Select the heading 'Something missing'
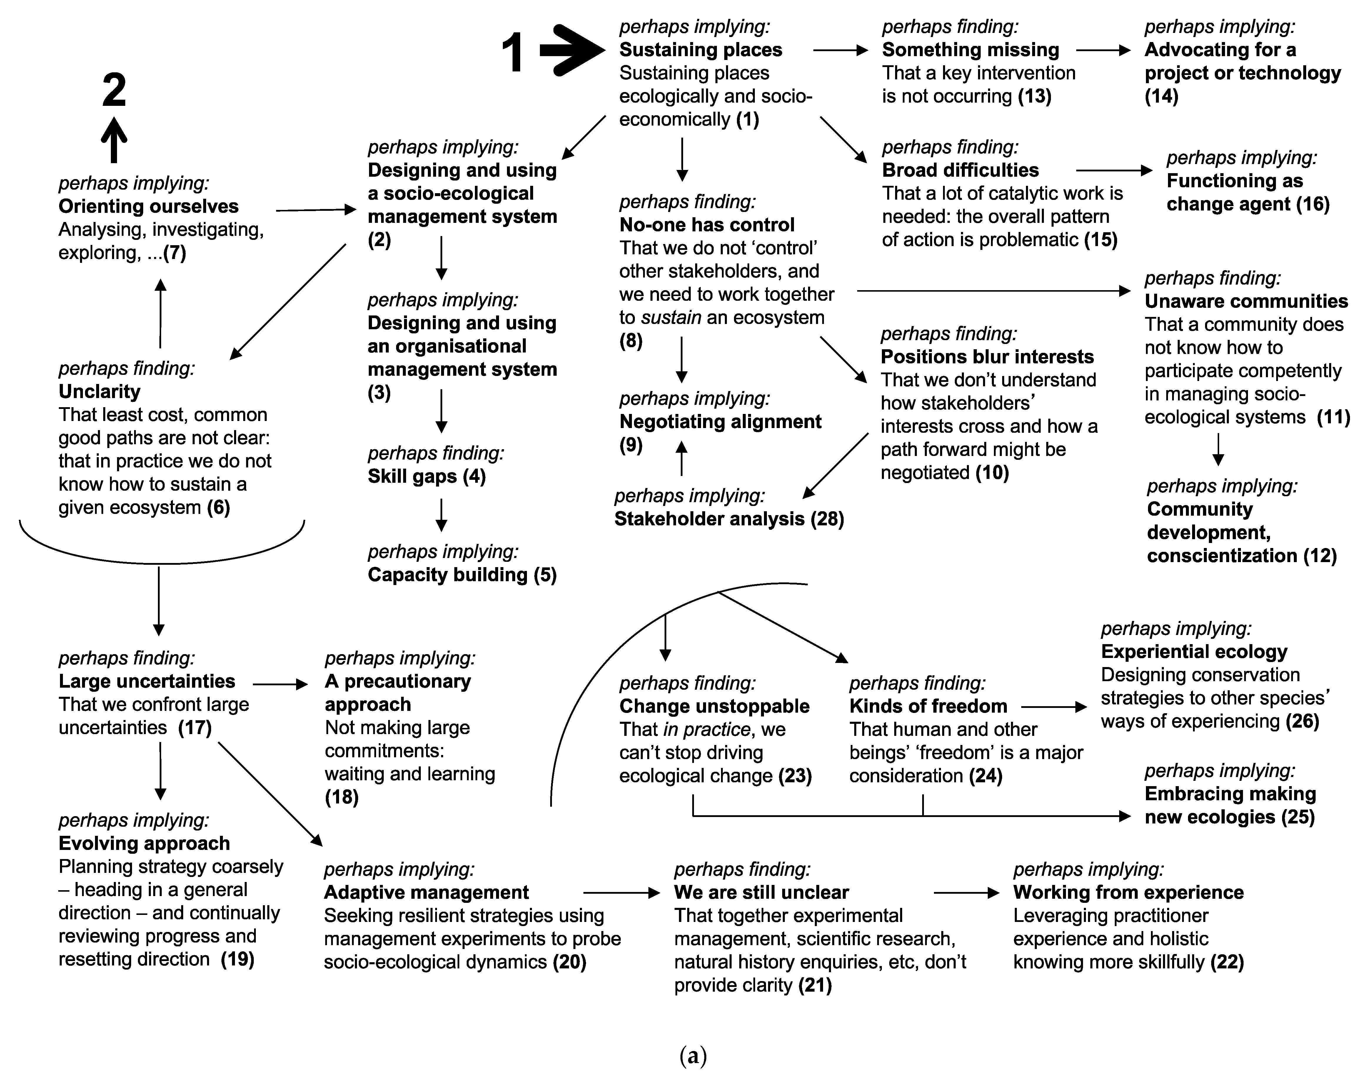pyautogui.click(x=970, y=50)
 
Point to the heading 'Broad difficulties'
pyautogui.click(x=960, y=170)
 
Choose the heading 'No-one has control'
pyautogui.click(x=707, y=225)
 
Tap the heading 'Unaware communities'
pyautogui.click(x=1246, y=301)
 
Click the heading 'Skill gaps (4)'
pyautogui.click(x=426, y=477)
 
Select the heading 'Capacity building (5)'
pyautogui.click(x=462, y=575)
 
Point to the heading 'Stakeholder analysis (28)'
pyautogui.click(x=729, y=519)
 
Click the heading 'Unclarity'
pyautogui.click(x=99, y=392)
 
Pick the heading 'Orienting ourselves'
pyautogui.click(x=148, y=206)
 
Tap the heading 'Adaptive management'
pyautogui.click(x=426, y=892)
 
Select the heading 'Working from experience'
pyautogui.click(x=1128, y=892)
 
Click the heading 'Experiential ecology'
pyautogui.click(x=1194, y=652)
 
